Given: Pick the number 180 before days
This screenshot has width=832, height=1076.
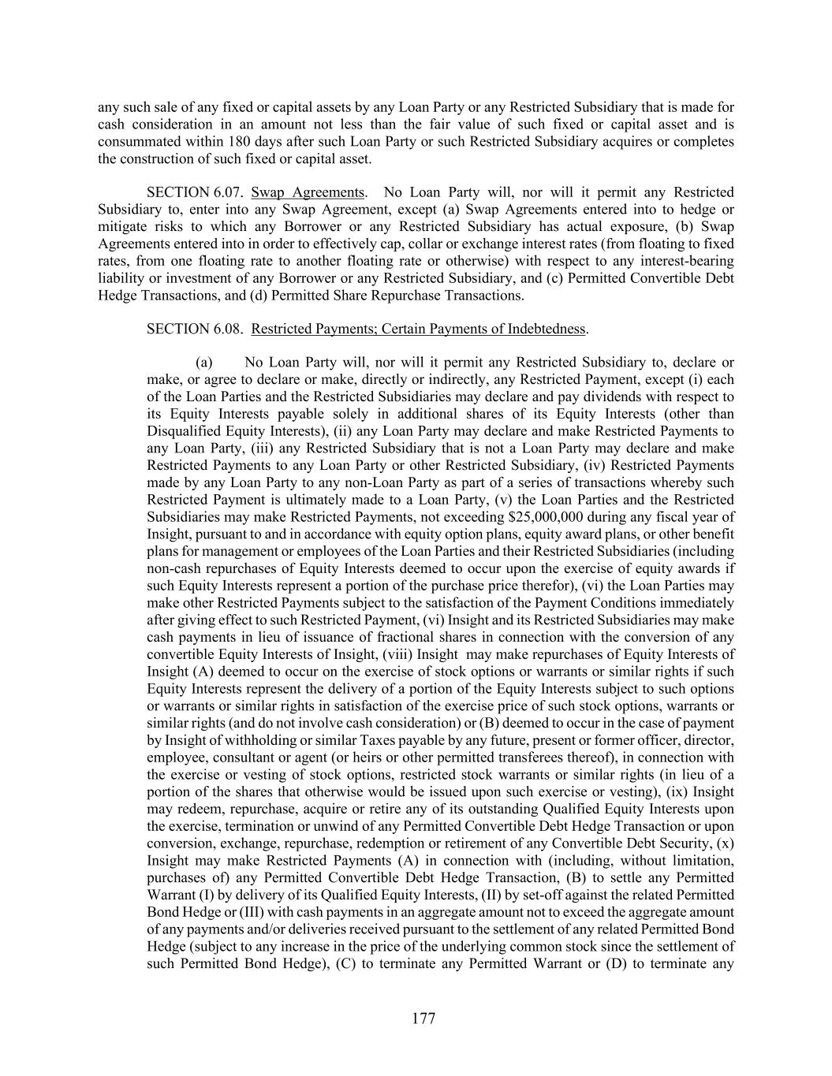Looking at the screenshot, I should (x=240, y=142).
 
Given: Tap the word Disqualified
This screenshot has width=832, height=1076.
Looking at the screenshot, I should (x=184, y=431).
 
